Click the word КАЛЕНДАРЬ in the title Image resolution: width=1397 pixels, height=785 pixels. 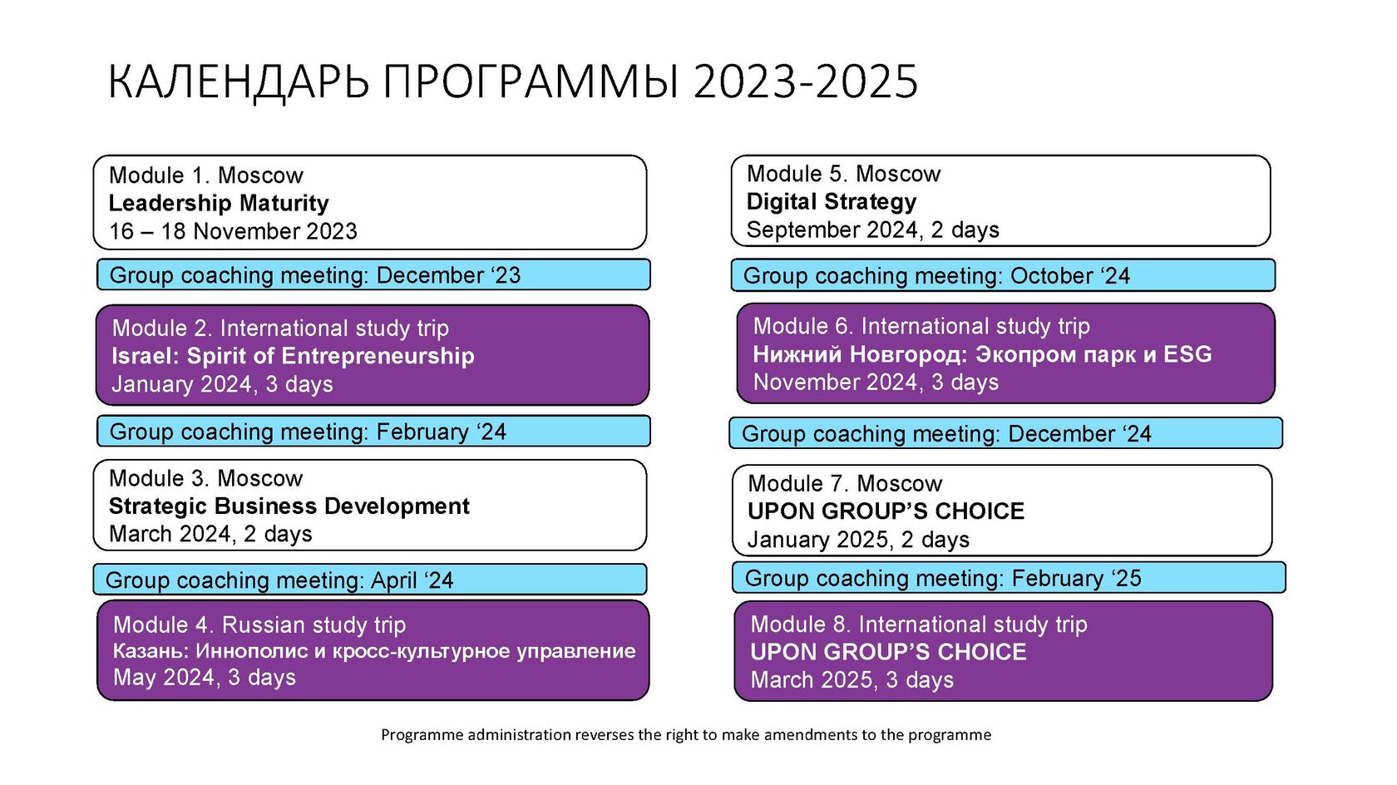click(x=239, y=82)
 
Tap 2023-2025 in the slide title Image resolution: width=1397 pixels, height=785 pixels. click(x=805, y=81)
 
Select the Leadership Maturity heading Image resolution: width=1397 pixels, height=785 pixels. click(x=218, y=203)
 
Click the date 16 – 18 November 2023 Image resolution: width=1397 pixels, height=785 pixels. click(x=233, y=231)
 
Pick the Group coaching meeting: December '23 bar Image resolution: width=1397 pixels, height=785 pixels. click(x=373, y=275)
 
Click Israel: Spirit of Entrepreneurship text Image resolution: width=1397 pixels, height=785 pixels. click(x=293, y=356)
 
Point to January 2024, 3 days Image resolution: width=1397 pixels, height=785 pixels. click(x=222, y=384)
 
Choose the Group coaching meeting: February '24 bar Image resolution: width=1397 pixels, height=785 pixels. click(x=373, y=432)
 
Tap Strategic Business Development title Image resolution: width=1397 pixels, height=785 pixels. click(x=289, y=506)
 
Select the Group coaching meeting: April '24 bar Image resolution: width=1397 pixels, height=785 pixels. click(x=370, y=580)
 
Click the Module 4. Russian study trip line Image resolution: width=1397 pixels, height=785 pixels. click(x=259, y=625)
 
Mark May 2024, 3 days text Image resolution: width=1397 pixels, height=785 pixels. click(x=205, y=678)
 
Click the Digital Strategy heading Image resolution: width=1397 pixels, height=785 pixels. click(x=832, y=202)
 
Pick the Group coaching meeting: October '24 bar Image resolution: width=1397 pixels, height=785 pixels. click(x=1003, y=275)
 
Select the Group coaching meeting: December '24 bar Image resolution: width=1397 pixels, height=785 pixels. click(x=1006, y=433)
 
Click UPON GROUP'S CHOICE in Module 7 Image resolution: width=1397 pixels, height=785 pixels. click(x=886, y=512)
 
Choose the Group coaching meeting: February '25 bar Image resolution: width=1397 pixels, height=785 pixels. click(x=1009, y=578)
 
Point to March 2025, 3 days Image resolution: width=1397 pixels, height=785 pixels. click(x=852, y=680)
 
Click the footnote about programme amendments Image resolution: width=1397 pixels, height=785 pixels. click(x=686, y=735)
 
